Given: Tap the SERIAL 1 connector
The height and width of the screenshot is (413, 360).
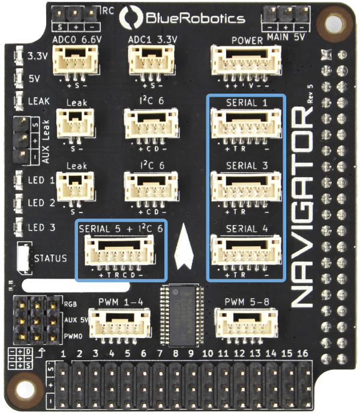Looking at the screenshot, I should (x=246, y=124).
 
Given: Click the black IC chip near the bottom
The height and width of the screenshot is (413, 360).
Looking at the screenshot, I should (x=184, y=314).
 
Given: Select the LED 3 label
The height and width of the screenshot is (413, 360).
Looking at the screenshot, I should (x=41, y=227).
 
